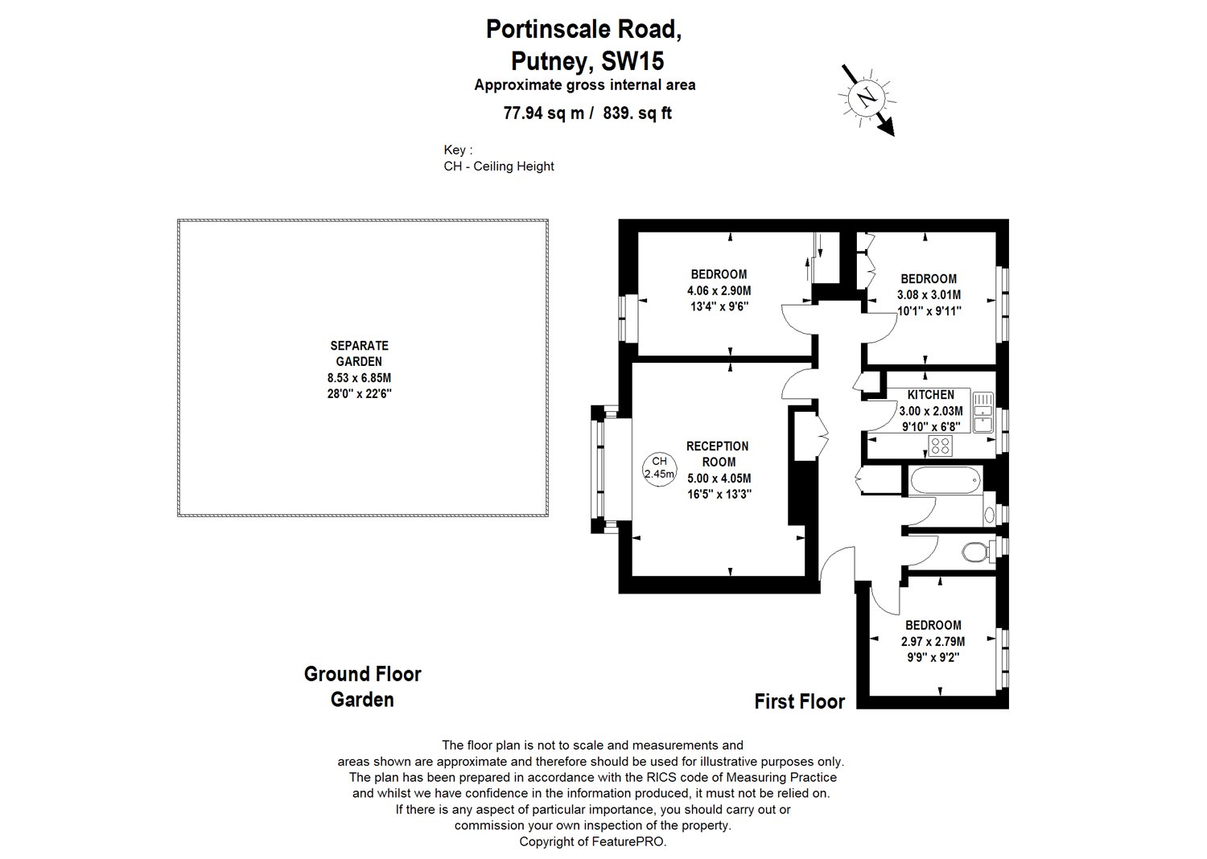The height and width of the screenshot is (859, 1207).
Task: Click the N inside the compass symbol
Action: [867, 98]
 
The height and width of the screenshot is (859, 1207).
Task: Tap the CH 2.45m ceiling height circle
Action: [659, 468]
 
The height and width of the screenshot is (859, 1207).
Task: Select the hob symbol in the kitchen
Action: [941, 446]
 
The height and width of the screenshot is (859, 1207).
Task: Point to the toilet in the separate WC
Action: [976, 552]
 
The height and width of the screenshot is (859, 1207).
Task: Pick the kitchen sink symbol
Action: [982, 412]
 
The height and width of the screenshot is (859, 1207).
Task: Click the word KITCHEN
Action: [930, 395]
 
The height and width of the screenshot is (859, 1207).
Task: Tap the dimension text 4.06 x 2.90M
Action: [719, 291]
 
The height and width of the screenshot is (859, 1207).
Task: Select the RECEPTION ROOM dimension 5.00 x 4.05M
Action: [719, 479]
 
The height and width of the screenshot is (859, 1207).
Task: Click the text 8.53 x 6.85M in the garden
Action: [360, 377]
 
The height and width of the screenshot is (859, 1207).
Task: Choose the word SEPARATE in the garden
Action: [360, 345]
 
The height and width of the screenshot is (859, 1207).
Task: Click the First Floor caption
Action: [800, 701]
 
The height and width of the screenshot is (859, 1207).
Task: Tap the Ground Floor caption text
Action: [363, 674]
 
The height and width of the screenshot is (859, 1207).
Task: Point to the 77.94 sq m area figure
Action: [544, 113]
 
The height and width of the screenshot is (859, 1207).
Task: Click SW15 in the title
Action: [632, 61]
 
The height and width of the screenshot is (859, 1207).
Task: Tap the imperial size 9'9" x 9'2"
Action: [933, 657]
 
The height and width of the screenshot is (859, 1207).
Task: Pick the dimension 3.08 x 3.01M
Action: [929, 294]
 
